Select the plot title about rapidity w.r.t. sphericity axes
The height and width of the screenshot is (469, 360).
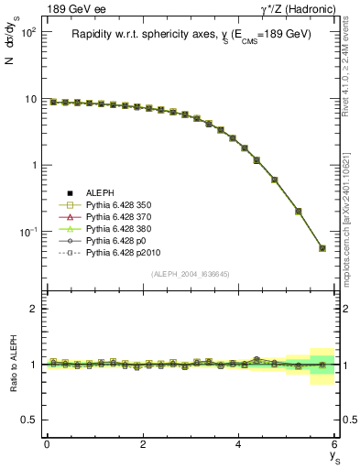click(191, 34)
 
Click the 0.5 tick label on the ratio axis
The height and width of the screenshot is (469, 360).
click(27, 420)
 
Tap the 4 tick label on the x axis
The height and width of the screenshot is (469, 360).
click(238, 444)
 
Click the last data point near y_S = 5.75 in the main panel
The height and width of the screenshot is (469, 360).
click(322, 248)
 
